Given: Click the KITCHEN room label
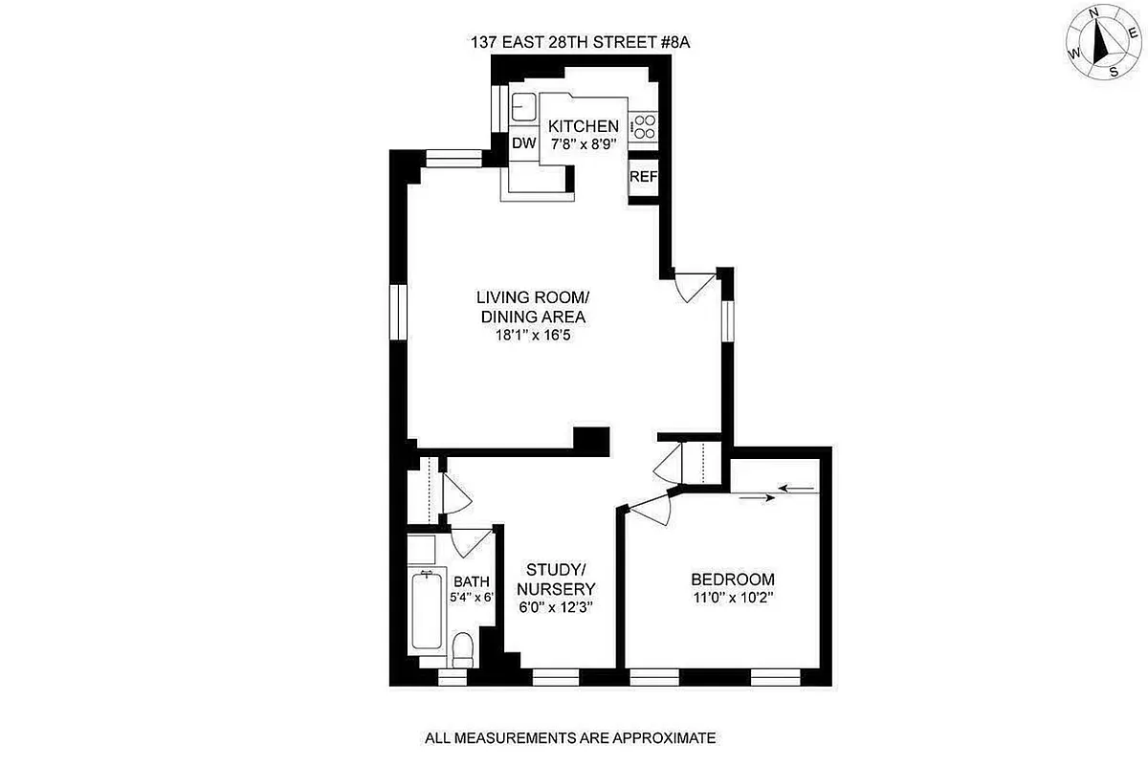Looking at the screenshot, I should tap(583, 126).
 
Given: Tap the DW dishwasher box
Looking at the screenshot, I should tap(522, 143).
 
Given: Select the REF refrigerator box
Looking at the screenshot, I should tap(643, 177).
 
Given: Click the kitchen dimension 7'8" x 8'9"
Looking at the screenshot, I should tap(583, 143).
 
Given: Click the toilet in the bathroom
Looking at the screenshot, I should tap(463, 651).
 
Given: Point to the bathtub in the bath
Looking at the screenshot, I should tap(427, 612).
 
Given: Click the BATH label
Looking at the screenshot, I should tap(471, 580).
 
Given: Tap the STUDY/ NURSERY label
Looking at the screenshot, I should tap(556, 579).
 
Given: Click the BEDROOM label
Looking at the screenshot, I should tap(732, 579).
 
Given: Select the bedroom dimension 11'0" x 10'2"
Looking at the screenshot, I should tap(732, 599).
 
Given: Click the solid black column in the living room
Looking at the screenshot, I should tap(592, 439).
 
